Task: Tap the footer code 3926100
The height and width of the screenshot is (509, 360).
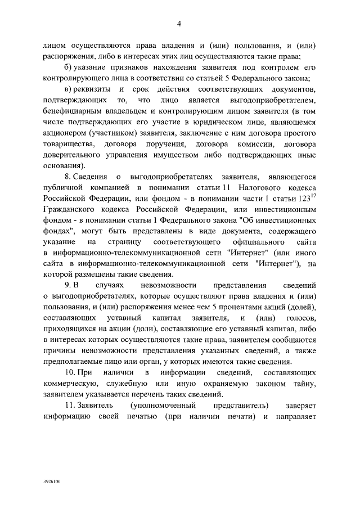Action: coord(51,482)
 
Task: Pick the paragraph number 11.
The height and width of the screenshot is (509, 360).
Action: coord(69,405)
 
